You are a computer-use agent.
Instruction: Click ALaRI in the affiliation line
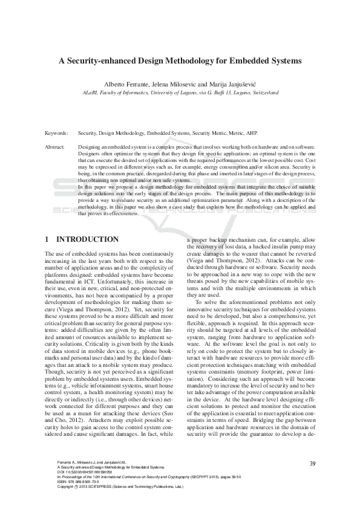[90, 92]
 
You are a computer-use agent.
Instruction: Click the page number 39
[312, 464]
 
